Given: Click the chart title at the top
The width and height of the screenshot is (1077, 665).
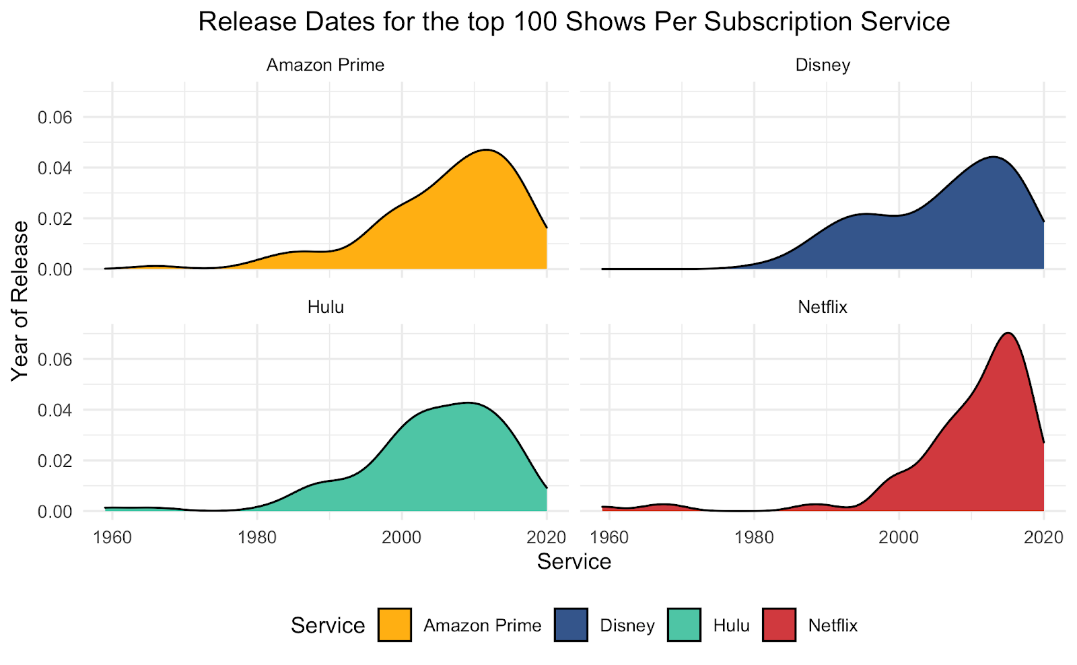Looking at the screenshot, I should pos(574,22).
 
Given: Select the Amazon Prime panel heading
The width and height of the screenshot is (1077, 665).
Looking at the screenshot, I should pos(325,65).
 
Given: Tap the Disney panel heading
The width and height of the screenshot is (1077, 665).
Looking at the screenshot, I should pos(823,65).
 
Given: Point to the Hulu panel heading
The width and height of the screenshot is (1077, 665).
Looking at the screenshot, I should pos(325,308).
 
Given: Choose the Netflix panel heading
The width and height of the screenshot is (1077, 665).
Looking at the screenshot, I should pos(823,308).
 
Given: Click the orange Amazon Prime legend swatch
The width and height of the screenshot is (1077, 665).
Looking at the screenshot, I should pos(394,625).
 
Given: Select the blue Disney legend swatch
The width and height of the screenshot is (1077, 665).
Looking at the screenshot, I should pos(571,625).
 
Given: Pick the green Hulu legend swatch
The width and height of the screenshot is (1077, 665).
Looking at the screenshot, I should pos(684,625).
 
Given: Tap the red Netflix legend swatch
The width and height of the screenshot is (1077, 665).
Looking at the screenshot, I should pos(779,625).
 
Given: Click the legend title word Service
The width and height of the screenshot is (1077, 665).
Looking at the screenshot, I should pos(328,625).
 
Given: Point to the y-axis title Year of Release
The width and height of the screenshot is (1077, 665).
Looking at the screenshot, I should pos(20,301).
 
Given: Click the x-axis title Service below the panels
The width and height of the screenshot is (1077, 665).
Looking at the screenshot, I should pos(574,561).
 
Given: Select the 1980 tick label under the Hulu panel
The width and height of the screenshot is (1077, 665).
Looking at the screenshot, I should pos(256,537).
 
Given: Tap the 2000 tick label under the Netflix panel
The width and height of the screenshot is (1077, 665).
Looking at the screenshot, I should pos(899,537).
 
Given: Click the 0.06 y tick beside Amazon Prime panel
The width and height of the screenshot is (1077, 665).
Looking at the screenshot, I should pos(55,117).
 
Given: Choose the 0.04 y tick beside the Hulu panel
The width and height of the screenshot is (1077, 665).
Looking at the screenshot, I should pos(55,410).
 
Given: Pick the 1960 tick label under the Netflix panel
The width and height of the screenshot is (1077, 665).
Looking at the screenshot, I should pos(609,537).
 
